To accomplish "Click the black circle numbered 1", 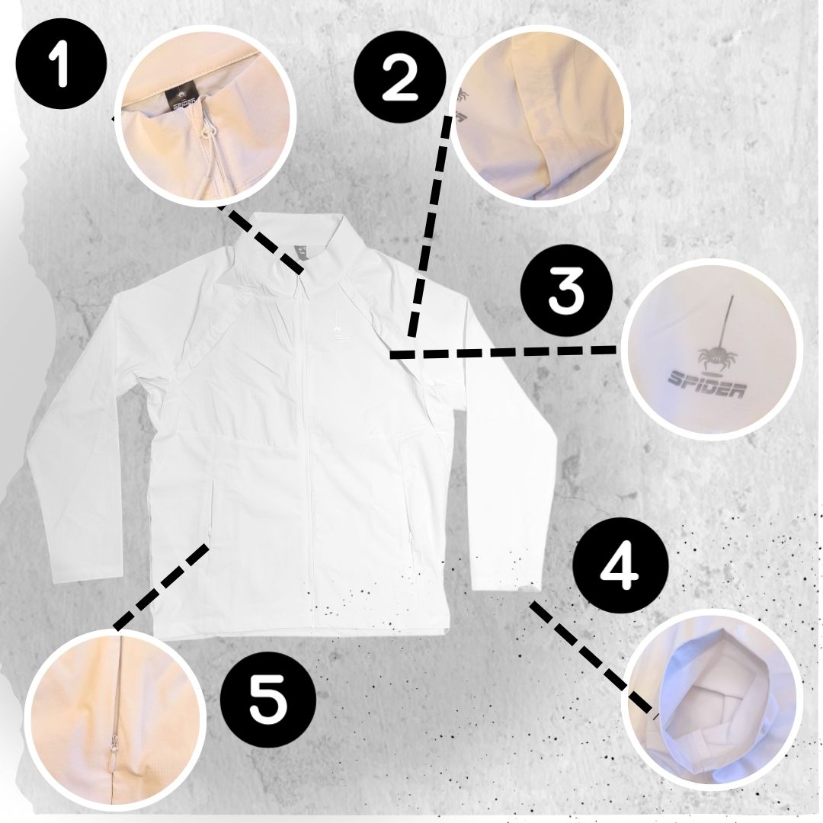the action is (62, 64).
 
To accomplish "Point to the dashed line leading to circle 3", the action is (503, 351).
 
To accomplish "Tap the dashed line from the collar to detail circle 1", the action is (261, 239).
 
